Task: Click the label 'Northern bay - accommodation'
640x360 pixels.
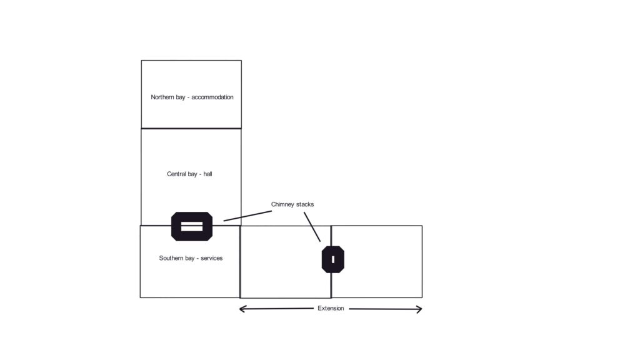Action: (192, 97)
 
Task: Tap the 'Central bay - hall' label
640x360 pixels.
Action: (189, 174)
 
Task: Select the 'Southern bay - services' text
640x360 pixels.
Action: (191, 258)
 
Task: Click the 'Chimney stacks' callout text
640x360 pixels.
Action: (292, 204)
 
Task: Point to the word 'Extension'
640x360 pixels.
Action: (331, 308)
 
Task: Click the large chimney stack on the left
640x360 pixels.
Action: (192, 226)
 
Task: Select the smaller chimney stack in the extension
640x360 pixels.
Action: (333, 259)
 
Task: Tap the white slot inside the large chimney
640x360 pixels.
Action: (192, 226)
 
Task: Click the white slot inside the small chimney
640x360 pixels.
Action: (333, 259)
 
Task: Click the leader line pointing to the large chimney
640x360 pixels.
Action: (247, 216)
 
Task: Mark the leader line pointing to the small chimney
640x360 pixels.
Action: (312, 227)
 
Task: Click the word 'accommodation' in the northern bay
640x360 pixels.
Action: (212, 97)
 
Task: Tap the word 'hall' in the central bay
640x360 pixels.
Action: (207, 174)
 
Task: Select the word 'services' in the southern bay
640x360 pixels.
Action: (212, 258)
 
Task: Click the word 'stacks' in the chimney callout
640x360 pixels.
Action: (305, 204)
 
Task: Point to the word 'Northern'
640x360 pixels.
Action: (163, 97)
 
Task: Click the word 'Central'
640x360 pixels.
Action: (176, 174)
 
